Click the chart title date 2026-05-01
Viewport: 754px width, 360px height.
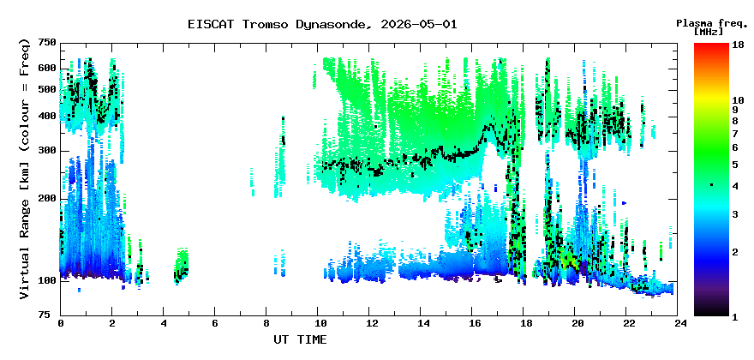coord(418,25)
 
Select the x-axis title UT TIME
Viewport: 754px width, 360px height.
coord(300,339)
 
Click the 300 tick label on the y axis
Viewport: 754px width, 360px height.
coord(46,151)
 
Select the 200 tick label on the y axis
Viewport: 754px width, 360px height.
coord(46,198)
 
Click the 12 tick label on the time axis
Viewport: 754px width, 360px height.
coord(368,324)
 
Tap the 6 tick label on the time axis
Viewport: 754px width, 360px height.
coord(214,324)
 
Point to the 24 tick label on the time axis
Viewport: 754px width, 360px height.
coord(678,324)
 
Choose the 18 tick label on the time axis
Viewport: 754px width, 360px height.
coord(524,324)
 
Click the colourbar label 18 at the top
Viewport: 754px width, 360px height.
coord(738,45)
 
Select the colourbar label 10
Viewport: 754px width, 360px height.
coord(738,100)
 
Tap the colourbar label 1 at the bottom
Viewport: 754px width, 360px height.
coord(735,318)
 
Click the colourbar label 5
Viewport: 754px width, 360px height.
coord(735,165)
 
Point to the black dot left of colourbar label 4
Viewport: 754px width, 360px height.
coord(712,184)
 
